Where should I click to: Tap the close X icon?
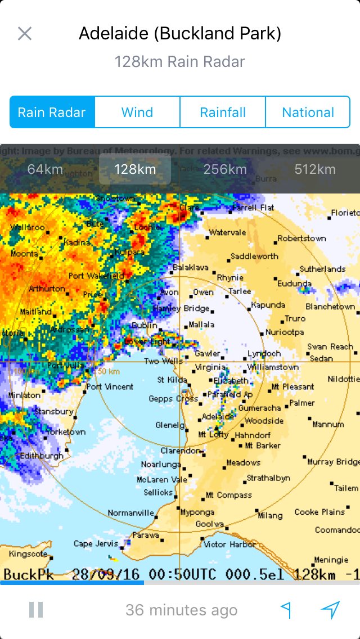coord(24,34)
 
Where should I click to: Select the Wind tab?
coord(137,112)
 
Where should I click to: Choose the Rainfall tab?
coord(223,112)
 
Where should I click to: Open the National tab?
coord(308,112)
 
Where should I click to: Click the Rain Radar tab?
coord(52,112)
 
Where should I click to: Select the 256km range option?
coord(225,169)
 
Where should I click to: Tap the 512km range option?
coord(315,169)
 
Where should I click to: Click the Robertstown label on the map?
coord(301,238)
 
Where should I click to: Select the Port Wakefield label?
coord(96,276)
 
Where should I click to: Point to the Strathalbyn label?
coord(268,478)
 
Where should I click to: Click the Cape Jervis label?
coord(96,544)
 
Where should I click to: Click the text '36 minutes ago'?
coord(181,610)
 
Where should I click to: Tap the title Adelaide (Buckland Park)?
coord(180,34)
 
